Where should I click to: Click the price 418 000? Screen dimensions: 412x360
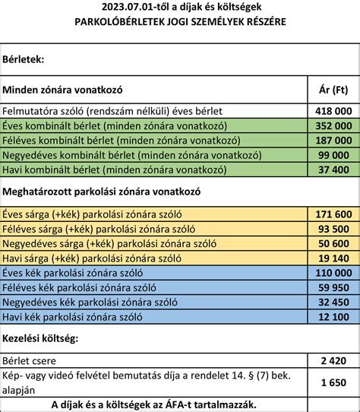point(333,110)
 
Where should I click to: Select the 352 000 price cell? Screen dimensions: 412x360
point(333,125)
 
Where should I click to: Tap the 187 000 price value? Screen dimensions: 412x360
point(333,140)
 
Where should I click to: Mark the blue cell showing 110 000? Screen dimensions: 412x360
point(333,272)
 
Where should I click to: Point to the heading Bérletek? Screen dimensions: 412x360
point(24,58)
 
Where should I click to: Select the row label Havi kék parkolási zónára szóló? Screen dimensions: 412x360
point(74,315)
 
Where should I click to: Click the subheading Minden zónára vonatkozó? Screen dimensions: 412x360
point(62,90)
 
